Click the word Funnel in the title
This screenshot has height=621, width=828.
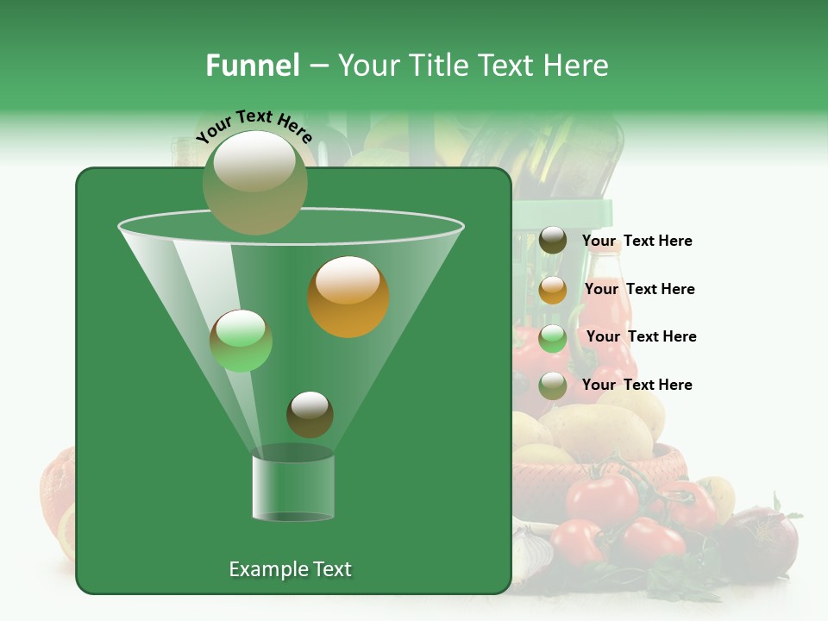[252, 66]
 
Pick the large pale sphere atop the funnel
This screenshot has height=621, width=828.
[254, 181]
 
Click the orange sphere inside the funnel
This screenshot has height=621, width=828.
[348, 297]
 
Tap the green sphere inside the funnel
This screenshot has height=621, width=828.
[241, 341]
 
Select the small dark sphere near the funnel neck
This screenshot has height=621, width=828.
[310, 414]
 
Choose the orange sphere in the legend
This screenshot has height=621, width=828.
[553, 290]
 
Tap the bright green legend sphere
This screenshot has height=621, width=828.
[553, 338]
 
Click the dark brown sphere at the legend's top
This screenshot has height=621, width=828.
[553, 241]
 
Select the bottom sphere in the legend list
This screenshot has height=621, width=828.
[553, 386]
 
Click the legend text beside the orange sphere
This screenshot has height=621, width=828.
[639, 289]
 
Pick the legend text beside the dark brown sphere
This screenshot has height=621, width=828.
[637, 241]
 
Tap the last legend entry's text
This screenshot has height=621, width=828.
[637, 385]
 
